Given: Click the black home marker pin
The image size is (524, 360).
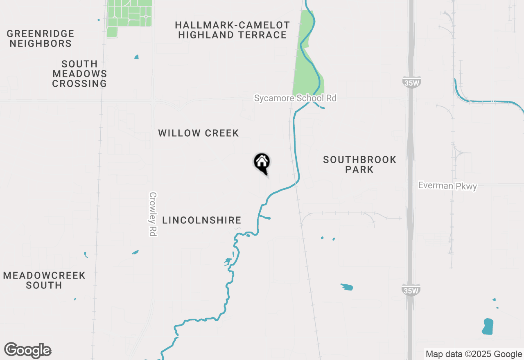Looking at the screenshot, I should click(x=262, y=163).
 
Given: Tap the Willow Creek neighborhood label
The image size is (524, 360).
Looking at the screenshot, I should click(x=199, y=133).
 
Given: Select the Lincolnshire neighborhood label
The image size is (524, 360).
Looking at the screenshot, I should click(x=202, y=220).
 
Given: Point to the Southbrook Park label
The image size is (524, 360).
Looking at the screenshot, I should click(x=359, y=164).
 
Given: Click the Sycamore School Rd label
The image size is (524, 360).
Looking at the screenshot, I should click(x=295, y=98).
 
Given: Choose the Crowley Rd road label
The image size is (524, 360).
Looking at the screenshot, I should click(x=153, y=214).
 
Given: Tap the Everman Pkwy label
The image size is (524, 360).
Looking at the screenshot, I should click(x=447, y=186).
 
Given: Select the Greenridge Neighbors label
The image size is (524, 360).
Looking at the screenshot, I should click(x=41, y=38).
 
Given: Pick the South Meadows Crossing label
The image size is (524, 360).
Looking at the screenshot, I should click(x=79, y=74).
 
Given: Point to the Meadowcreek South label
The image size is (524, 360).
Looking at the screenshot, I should click(x=44, y=280).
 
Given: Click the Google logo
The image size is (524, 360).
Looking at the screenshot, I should click(x=28, y=350).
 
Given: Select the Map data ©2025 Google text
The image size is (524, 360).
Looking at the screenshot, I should click(x=474, y=354).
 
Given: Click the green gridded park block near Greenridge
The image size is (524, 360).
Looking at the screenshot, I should click(x=129, y=16).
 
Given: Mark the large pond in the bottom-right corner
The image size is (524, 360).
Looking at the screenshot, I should click(x=488, y=326).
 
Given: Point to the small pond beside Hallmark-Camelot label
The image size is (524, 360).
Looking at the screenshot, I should click(x=136, y=57).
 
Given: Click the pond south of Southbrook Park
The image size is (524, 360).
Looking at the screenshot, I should click(x=347, y=287).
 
